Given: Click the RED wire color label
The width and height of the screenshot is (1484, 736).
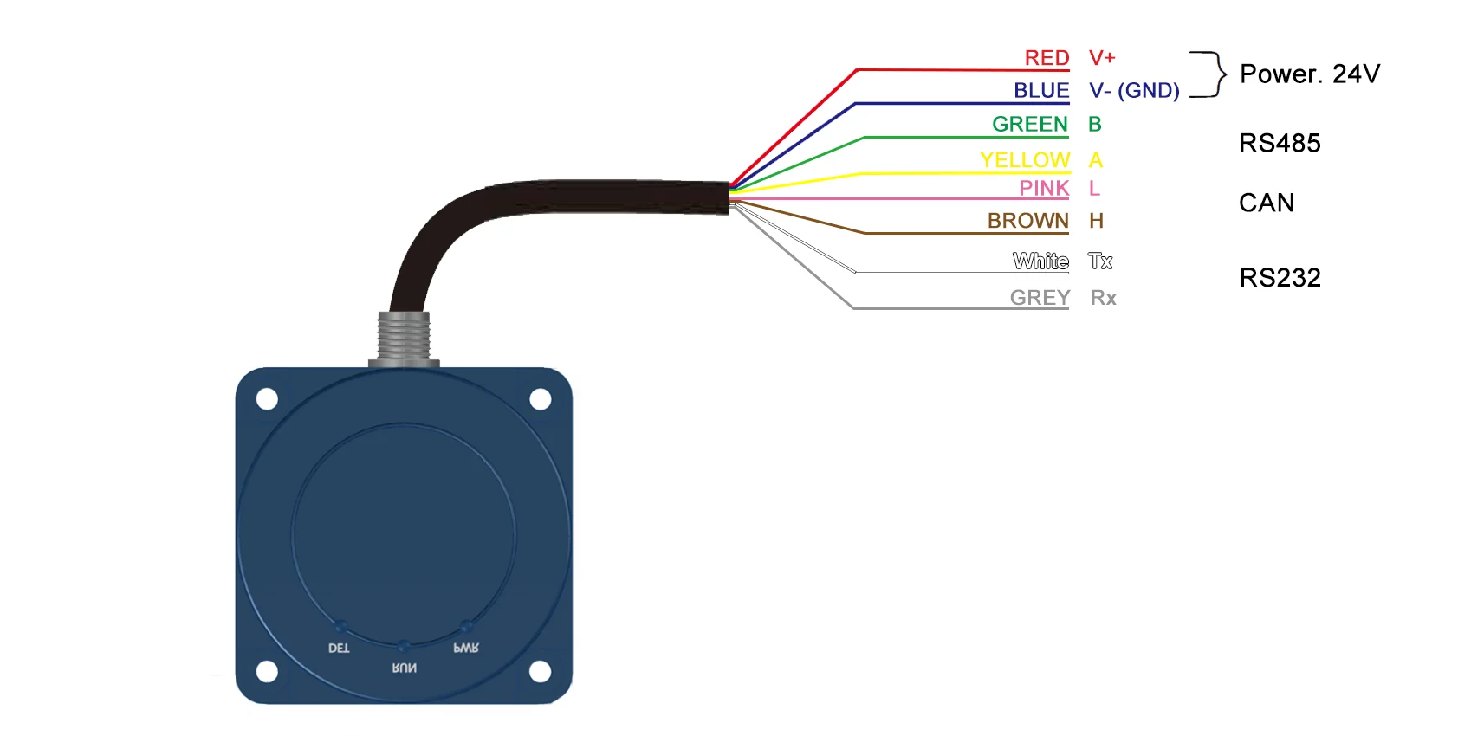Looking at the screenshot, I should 1047,58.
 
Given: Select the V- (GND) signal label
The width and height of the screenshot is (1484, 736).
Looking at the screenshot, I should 1134,91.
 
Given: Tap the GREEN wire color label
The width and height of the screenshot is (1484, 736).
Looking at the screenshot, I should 1029,125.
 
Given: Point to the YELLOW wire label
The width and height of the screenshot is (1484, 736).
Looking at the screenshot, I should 1025,160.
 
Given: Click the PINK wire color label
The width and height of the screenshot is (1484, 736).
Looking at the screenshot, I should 1044,188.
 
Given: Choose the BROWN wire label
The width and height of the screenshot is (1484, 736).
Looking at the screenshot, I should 1027,221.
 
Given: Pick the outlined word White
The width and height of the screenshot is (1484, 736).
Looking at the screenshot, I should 1040,261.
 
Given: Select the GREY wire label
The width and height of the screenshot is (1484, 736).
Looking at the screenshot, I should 1040,298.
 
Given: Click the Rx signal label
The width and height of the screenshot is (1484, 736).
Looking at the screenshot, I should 1103,298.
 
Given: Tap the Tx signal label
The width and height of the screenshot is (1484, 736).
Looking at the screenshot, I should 1100,261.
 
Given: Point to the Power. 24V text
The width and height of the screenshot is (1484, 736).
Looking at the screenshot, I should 1309,74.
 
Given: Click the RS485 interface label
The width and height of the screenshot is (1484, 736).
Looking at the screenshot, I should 1280,144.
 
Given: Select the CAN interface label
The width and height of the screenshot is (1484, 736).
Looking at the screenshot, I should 1266,203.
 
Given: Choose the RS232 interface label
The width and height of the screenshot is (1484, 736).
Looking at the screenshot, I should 1280,278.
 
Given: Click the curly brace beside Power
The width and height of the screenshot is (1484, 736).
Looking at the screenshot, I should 1209,74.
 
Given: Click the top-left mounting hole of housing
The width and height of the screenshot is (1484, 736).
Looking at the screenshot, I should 267,399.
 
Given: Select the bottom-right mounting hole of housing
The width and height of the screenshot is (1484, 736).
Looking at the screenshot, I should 540,671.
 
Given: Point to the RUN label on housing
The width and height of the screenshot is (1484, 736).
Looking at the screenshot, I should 404,668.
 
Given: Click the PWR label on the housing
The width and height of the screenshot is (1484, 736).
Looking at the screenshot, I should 466,648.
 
